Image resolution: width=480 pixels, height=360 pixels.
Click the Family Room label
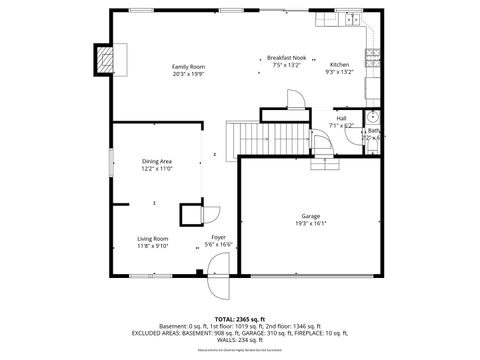pos(187,66)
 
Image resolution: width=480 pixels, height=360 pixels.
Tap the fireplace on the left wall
pos(104,61)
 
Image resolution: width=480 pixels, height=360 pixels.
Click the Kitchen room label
pos(339,64)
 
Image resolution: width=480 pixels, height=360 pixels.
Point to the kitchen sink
pos(350,19)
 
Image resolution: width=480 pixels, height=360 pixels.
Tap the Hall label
pos(341,118)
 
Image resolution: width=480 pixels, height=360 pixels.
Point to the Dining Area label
pos(157,162)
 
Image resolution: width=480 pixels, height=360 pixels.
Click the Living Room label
pos(153,238)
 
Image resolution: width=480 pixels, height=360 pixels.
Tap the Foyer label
pos(218,237)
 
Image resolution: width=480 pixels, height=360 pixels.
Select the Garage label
pos(311,216)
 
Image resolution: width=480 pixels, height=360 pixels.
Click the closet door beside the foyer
pos(210,215)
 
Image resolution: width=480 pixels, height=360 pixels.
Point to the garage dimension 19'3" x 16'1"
pos(311,224)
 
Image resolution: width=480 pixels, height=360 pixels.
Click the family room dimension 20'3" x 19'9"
pos(187,73)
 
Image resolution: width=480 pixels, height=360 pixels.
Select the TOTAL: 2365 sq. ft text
pos(240,319)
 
